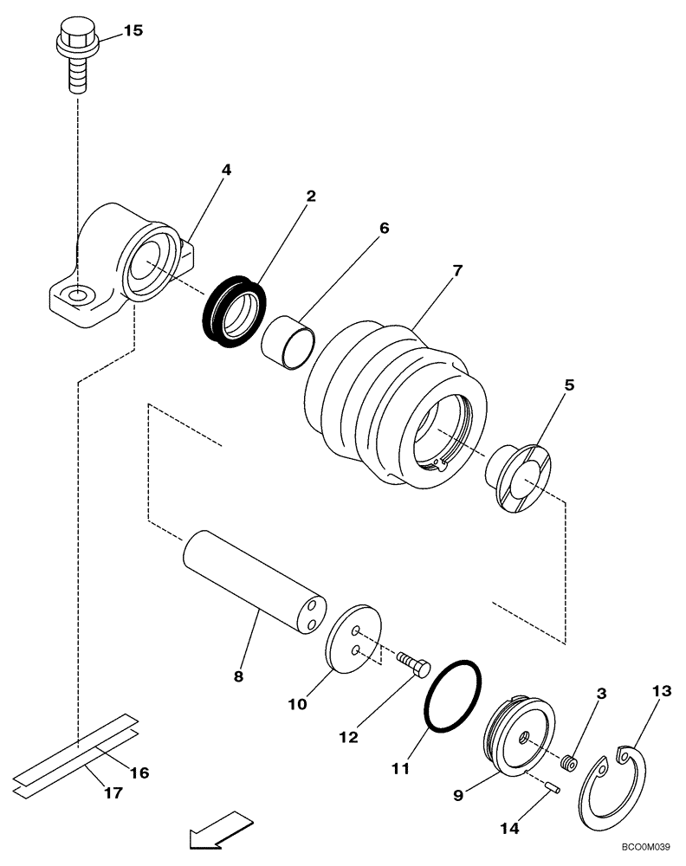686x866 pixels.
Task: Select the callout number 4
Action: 225,170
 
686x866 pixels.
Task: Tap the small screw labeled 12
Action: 413,664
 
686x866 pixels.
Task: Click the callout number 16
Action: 139,772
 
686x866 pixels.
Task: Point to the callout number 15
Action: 133,30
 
